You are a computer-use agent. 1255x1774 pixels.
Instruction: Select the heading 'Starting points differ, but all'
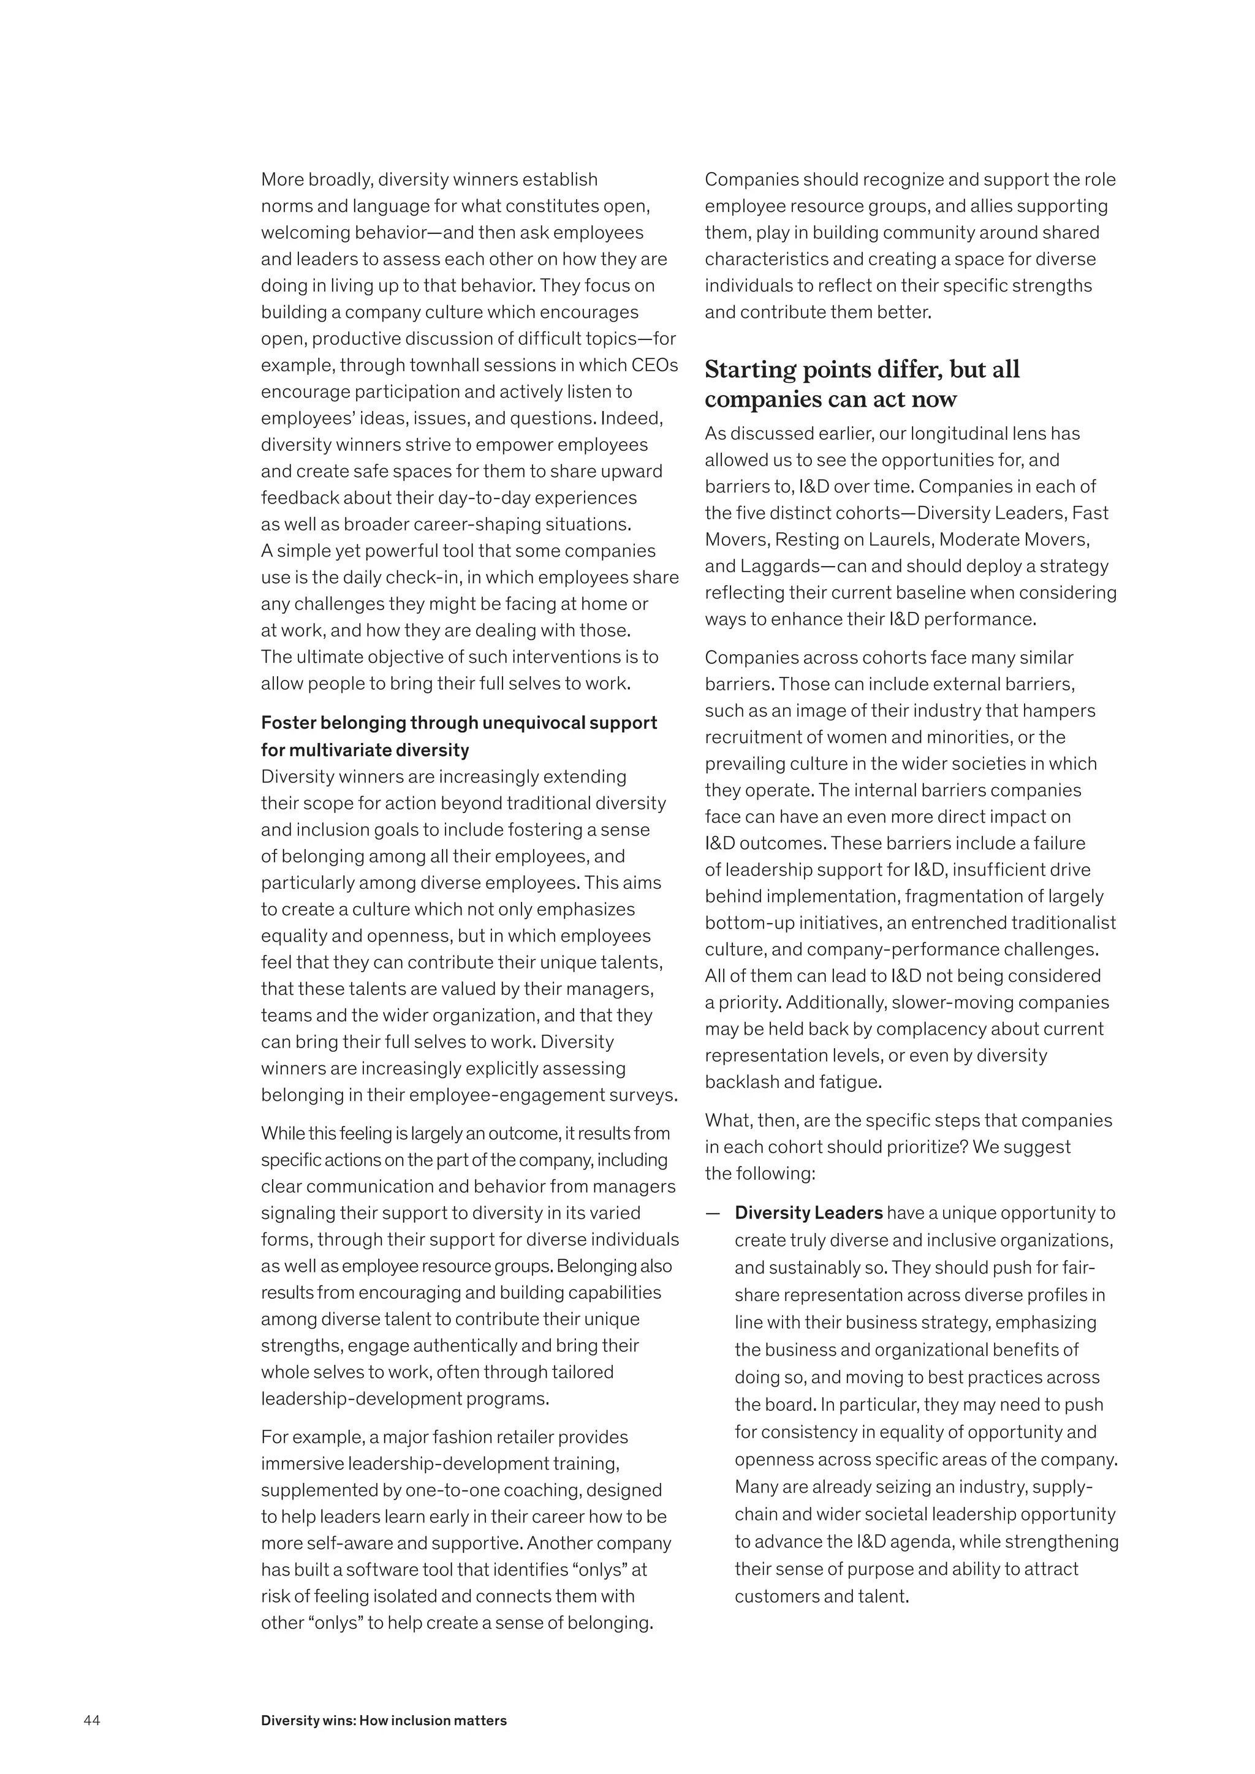pyautogui.click(x=862, y=369)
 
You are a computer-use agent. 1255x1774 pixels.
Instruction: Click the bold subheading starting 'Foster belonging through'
pyautogui.click(x=458, y=722)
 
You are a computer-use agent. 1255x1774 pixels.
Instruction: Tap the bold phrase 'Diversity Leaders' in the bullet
pyautogui.click(x=808, y=1212)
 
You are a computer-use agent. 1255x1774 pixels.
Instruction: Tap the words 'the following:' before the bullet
pyautogui.click(x=760, y=1173)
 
